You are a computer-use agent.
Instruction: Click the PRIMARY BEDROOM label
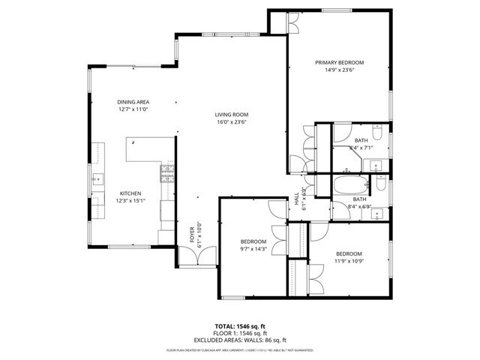pos(339,62)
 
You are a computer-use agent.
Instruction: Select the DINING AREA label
pos(133,102)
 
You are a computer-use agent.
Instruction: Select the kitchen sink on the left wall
pos(97,179)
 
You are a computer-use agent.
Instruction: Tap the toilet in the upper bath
pos(379,135)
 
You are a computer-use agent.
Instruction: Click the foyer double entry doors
pos(196,256)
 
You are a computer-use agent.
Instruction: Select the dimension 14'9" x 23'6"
pos(339,71)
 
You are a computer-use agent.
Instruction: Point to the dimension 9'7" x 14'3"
pos(253,248)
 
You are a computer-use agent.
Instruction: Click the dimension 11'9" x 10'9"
pos(349,262)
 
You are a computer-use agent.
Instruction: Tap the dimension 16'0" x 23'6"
pos(231,122)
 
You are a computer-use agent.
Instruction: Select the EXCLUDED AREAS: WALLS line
pos(238,340)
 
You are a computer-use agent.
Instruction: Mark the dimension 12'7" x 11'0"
pos(133,110)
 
